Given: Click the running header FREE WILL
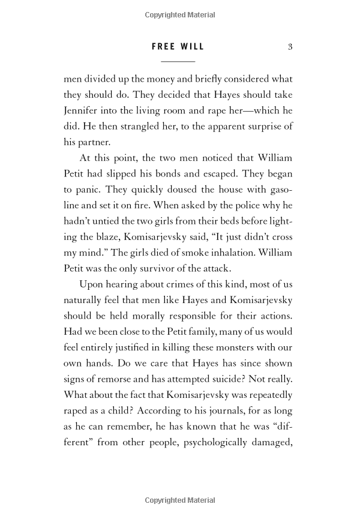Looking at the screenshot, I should point(178,47).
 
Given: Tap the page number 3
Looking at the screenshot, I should point(290,47).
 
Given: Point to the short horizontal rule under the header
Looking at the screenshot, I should point(178,62).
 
